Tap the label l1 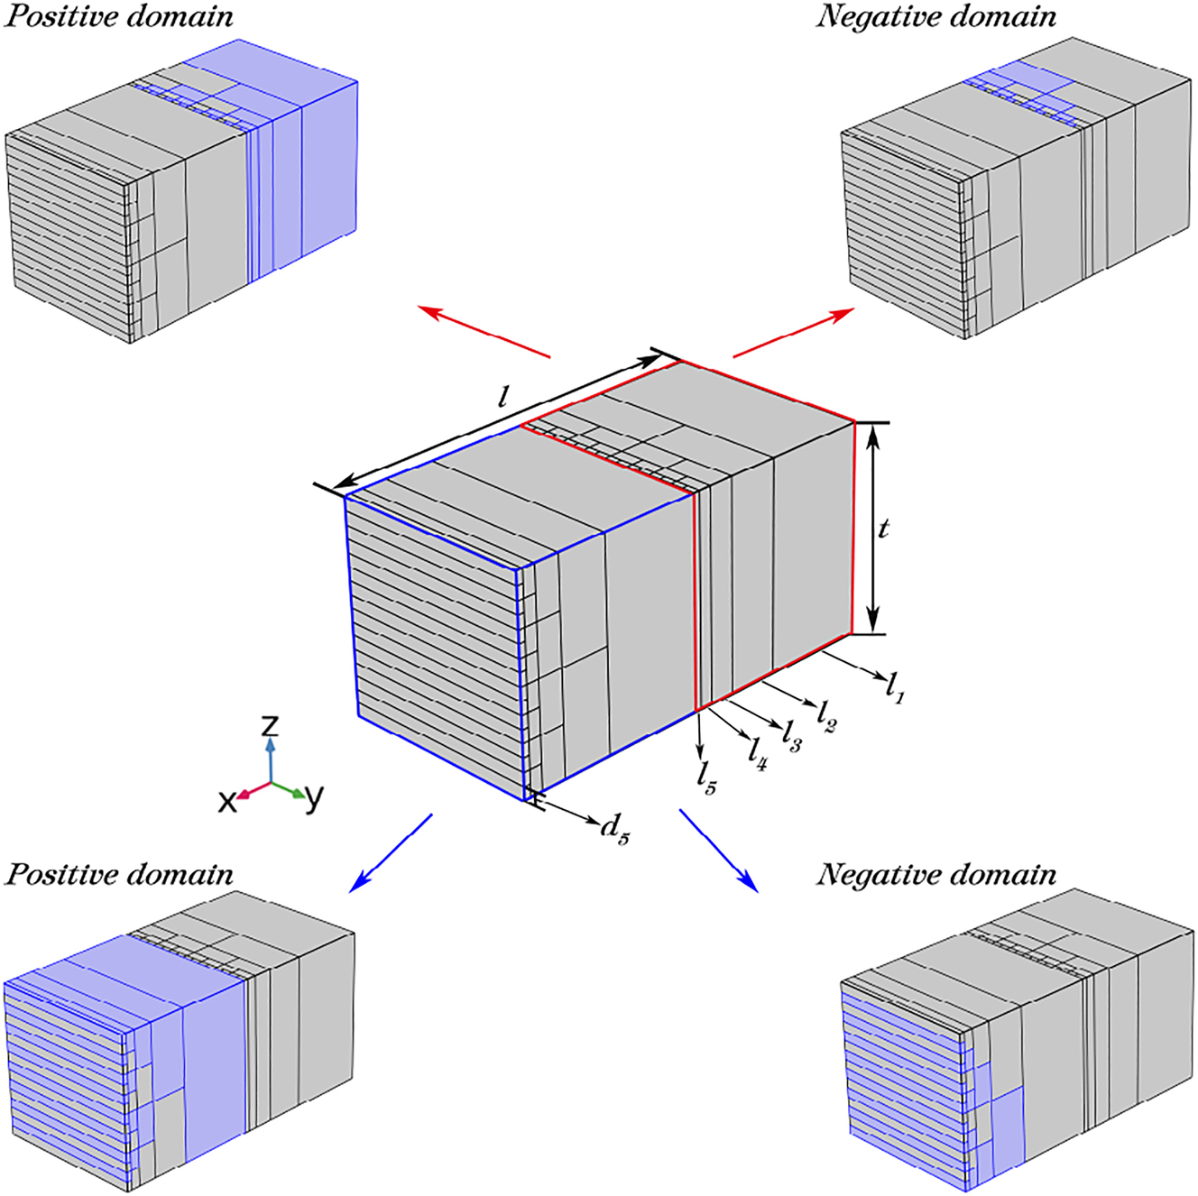895,687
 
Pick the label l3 791,736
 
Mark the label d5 615,826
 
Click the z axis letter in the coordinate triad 270,725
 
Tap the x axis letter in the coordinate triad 227,800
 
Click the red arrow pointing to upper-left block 484,332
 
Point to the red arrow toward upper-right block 794,332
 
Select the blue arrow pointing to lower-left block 391,853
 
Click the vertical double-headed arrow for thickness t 871,529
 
